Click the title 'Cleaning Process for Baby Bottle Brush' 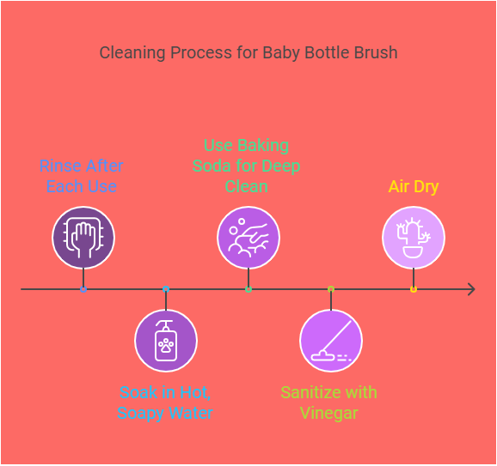click(248, 52)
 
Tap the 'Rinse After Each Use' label click(83, 176)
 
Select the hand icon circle click(83, 238)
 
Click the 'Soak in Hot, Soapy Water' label click(166, 402)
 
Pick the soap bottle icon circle click(166, 341)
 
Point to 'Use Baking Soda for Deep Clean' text click(247, 165)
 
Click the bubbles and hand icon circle click(248, 238)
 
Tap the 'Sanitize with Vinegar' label click(329, 402)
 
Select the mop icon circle click(331, 341)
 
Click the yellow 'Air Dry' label click(413, 186)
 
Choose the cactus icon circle click(414, 238)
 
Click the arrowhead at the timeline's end click(470, 289)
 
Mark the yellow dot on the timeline click(414, 289)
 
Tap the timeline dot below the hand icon click(83, 289)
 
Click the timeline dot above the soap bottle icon click(166, 289)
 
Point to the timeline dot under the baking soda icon click(248, 289)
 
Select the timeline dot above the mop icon click(331, 289)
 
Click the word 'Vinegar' click(329, 413)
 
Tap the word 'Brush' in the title click(375, 52)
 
